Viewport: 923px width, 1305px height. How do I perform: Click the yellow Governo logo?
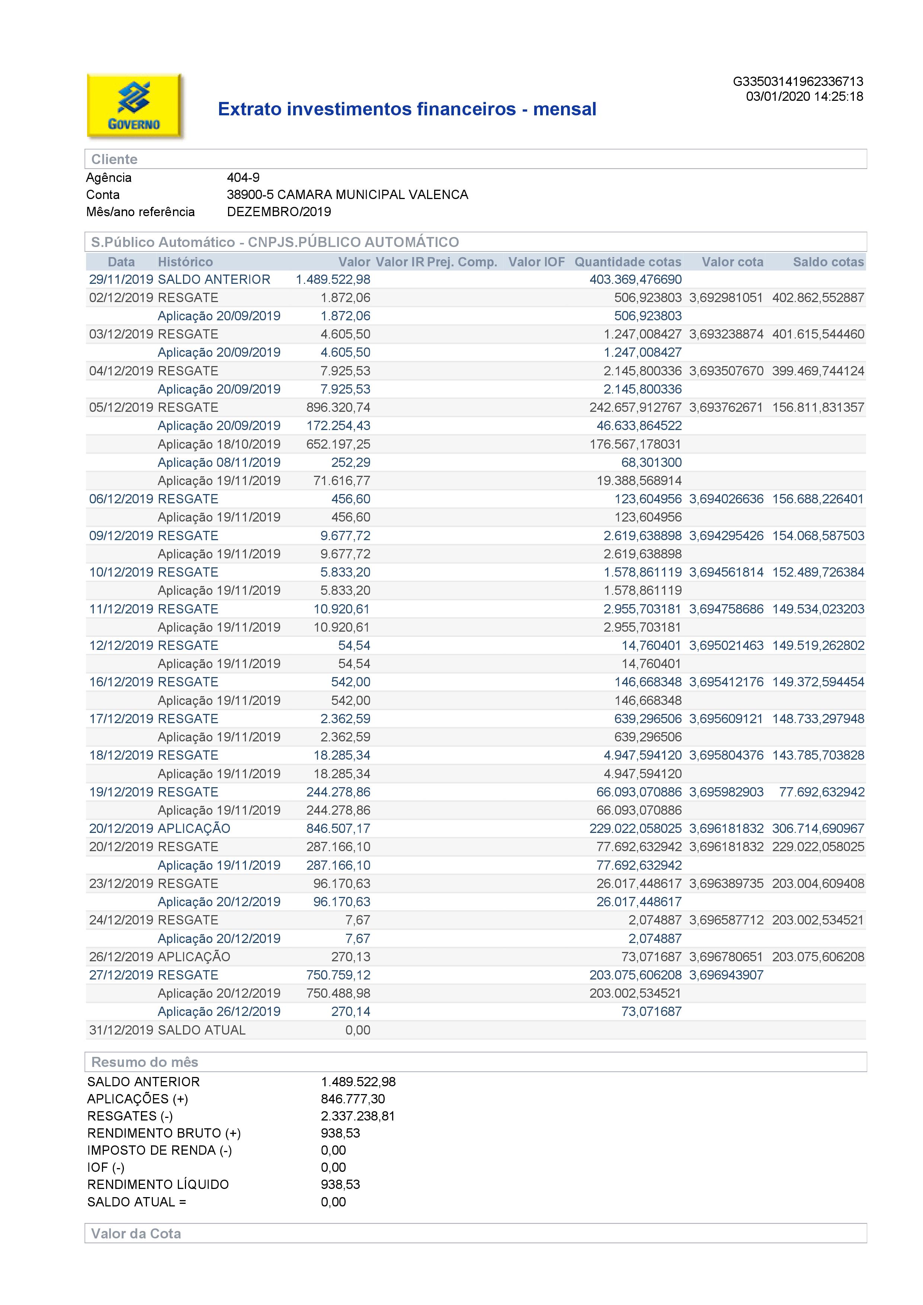[x=134, y=106]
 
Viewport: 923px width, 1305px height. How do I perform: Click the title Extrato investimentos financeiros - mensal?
[x=407, y=109]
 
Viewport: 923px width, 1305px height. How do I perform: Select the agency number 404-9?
[x=243, y=177]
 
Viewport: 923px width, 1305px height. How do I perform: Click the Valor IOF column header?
[x=536, y=262]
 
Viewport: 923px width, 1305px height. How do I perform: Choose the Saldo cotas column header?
[x=828, y=262]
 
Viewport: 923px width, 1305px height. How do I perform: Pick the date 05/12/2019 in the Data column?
[x=121, y=407]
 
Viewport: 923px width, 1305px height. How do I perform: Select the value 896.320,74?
[x=338, y=407]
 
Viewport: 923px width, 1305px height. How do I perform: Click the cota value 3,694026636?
[x=726, y=499]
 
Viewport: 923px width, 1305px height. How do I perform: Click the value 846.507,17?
[x=338, y=829]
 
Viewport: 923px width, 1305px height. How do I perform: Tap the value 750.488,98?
[x=338, y=994]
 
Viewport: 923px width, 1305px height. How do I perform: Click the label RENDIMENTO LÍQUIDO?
[x=158, y=1184]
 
